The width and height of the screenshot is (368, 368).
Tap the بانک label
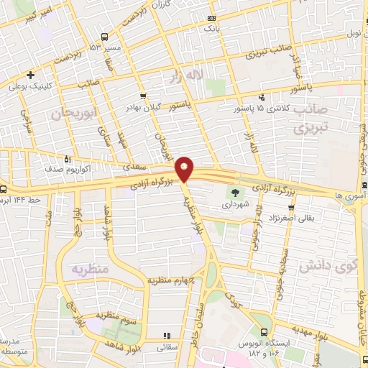(211, 28)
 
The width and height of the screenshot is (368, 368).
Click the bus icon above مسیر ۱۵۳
(106, 36)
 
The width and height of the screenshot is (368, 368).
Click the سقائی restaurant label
(166, 346)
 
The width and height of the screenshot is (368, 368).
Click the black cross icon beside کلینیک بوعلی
(29, 75)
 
